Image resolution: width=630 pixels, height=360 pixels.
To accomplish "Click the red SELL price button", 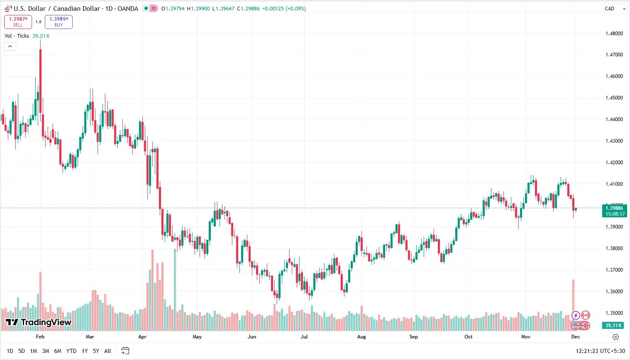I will pyautogui.click(x=18, y=22).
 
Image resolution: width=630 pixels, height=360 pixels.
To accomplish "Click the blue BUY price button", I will pyautogui.click(x=59, y=22).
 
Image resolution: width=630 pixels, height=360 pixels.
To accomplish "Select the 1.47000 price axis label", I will pyautogui.click(x=614, y=55).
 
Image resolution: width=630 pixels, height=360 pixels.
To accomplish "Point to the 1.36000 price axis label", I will pyautogui.click(x=614, y=292).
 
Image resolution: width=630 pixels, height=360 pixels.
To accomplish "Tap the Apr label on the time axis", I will pyautogui.click(x=142, y=337).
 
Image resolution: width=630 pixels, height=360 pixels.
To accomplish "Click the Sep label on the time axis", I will pyautogui.click(x=413, y=337).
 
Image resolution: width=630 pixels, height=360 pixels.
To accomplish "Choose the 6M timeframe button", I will pyautogui.click(x=58, y=351).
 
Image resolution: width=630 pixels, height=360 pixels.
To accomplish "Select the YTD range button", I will pyautogui.click(x=71, y=351).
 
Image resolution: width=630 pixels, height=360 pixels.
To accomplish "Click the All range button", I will pyautogui.click(x=107, y=351).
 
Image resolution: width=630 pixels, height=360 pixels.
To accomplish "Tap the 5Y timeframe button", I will pyautogui.click(x=96, y=351).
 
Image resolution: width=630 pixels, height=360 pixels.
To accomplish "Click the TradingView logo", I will pyautogui.click(x=39, y=322).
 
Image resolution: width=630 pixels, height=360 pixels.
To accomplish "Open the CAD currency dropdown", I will pyautogui.click(x=615, y=9).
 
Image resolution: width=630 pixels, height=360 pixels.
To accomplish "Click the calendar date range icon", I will pyautogui.click(x=125, y=351).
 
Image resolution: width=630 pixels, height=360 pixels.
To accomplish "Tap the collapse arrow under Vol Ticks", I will pyautogui.click(x=10, y=46).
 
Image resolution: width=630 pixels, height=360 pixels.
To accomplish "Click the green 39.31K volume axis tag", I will pyautogui.click(x=613, y=326).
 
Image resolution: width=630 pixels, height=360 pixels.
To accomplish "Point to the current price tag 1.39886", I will pyautogui.click(x=614, y=211).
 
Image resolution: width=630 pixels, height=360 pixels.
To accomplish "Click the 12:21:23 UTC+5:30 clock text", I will pyautogui.click(x=600, y=351).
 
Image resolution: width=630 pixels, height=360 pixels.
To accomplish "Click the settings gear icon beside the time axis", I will pyautogui.click(x=615, y=337).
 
